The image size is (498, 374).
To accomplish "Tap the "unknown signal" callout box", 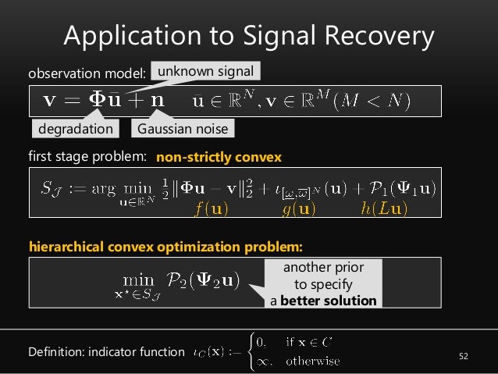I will pyautogui.click(x=205, y=73).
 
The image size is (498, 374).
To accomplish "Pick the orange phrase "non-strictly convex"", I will pyautogui.click(x=219, y=157).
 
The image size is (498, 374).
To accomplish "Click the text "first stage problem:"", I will pyautogui.click(x=87, y=157).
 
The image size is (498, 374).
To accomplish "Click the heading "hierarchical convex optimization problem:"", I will pyautogui.click(x=165, y=247).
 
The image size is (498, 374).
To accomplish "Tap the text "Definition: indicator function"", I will pyautogui.click(x=105, y=352).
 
